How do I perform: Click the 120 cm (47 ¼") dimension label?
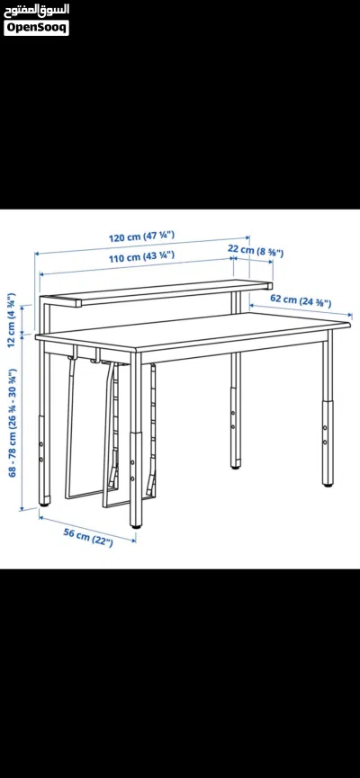click(141, 237)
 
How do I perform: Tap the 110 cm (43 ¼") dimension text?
click(141, 256)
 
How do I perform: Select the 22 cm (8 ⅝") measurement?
click(256, 250)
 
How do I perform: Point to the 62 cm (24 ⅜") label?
click(301, 300)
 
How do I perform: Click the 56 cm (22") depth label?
click(88, 537)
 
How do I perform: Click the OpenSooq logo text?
click(36, 28)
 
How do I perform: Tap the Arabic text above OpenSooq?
click(36, 10)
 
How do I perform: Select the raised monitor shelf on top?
click(157, 292)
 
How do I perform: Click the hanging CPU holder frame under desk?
click(110, 432)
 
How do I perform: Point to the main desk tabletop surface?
click(193, 330)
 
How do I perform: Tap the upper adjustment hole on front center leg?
click(132, 463)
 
